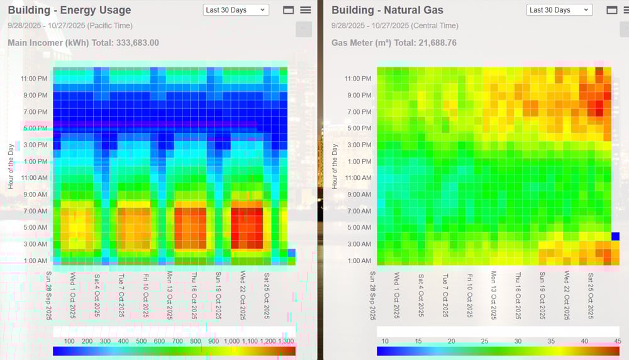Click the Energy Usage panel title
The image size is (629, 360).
click(x=69, y=10)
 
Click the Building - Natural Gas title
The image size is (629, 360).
click(x=387, y=10)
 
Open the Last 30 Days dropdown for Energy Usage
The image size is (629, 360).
click(x=236, y=10)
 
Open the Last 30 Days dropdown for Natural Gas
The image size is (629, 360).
click(x=559, y=10)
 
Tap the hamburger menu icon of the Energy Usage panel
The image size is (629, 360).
click(x=306, y=10)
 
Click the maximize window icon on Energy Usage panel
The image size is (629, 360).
click(x=289, y=10)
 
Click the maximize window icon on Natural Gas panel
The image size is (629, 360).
click(x=611, y=10)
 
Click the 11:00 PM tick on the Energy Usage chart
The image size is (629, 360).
click(x=34, y=79)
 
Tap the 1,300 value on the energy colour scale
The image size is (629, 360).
click(x=286, y=341)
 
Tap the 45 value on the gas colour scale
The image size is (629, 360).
click(x=618, y=341)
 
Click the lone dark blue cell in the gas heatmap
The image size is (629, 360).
click(x=615, y=236)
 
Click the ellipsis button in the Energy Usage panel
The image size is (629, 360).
click(x=304, y=29)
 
